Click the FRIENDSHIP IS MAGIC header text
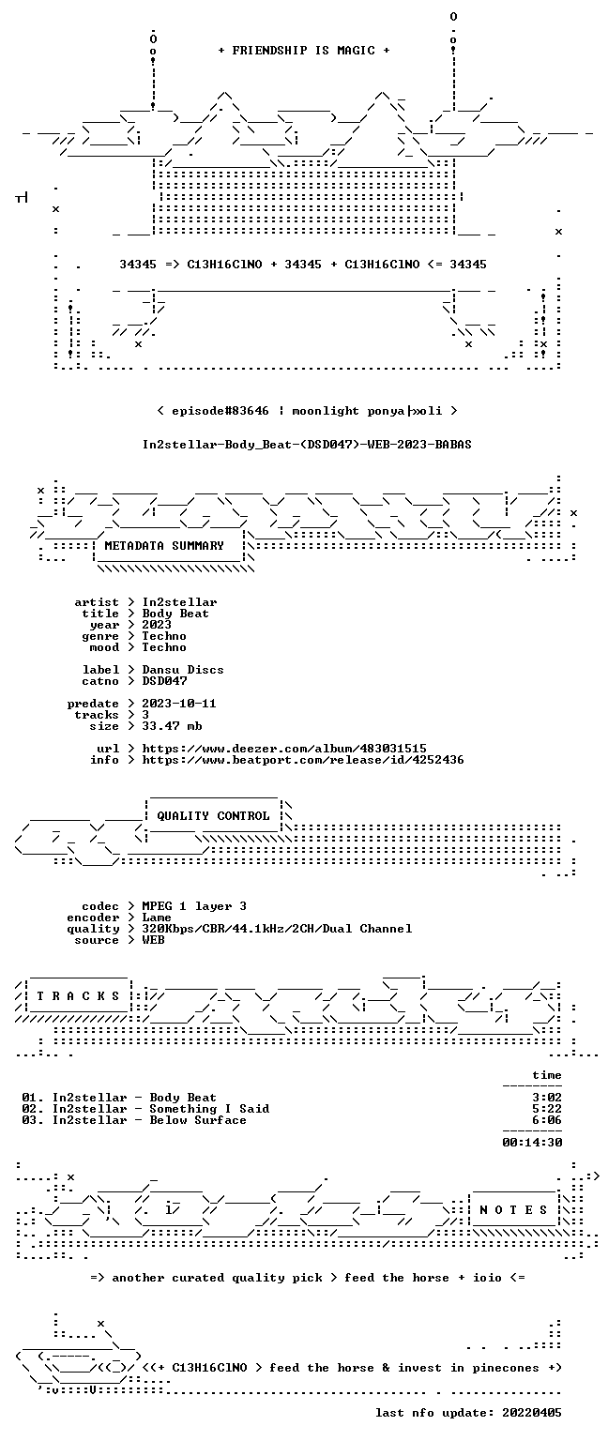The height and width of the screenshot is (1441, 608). [x=304, y=51]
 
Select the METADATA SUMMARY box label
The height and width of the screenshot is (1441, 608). [x=164, y=546]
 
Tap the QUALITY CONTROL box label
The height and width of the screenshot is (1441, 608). [x=213, y=816]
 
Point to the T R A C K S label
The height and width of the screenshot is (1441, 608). [x=78, y=996]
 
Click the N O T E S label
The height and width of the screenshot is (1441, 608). [x=513, y=1210]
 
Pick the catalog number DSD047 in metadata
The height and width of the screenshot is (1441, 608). [x=165, y=681]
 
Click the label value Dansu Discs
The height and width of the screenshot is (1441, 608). [x=183, y=670]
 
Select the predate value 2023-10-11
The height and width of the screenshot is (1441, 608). [x=179, y=704]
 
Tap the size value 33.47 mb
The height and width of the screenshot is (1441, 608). [x=172, y=726]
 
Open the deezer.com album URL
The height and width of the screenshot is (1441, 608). [x=284, y=749]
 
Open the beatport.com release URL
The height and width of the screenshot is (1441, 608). [x=303, y=761]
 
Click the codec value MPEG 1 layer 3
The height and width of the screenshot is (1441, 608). [x=194, y=906]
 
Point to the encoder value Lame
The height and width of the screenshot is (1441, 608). [x=157, y=918]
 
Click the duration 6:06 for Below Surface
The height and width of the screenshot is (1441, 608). [x=547, y=1120]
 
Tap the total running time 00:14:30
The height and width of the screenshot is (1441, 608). [x=532, y=1143]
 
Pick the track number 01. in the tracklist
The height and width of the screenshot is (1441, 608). [x=33, y=1098]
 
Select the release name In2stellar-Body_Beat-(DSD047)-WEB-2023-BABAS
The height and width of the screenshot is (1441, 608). [x=307, y=445]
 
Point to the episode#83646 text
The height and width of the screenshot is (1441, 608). [x=220, y=411]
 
